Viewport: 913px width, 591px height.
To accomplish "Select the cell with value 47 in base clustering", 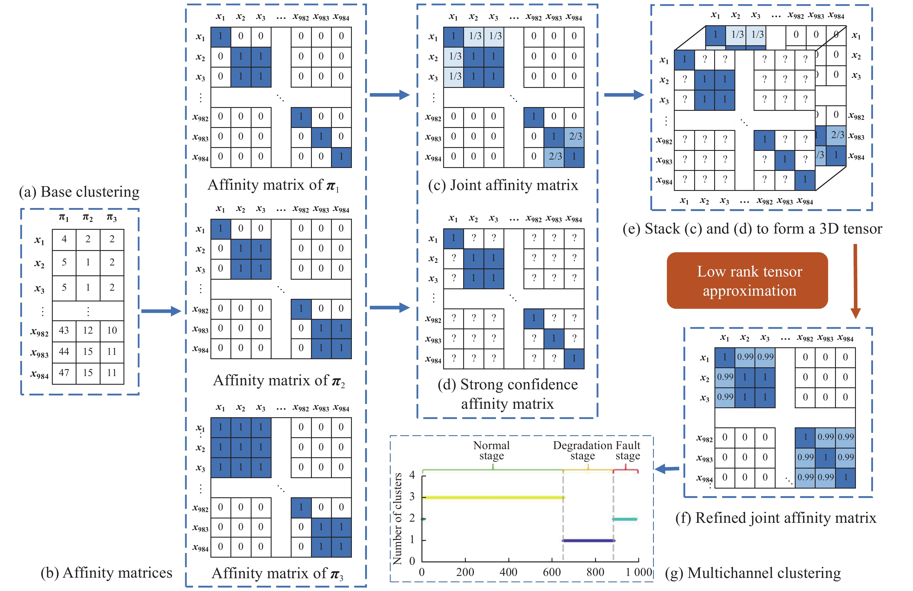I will tap(64, 373).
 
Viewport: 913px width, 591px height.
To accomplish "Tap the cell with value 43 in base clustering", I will tap(64, 330).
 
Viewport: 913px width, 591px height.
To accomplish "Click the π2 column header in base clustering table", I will tap(88, 218).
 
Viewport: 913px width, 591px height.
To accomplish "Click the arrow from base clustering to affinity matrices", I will tap(161, 311).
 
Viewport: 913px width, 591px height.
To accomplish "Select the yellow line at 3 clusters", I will tap(492, 497).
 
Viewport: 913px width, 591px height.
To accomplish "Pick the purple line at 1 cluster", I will tap(588, 540).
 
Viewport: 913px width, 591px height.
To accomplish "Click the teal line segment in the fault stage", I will tap(625, 519).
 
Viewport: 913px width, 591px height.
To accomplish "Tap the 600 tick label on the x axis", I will tap(552, 572).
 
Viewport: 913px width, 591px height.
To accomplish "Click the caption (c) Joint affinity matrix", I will tap(503, 185).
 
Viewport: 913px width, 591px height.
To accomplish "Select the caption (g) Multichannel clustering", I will tap(753, 573).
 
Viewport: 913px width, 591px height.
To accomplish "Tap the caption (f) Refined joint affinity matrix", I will tap(775, 518).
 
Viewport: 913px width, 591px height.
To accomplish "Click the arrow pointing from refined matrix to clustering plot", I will tap(667, 469).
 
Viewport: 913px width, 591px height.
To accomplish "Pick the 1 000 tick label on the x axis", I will tap(639, 572).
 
